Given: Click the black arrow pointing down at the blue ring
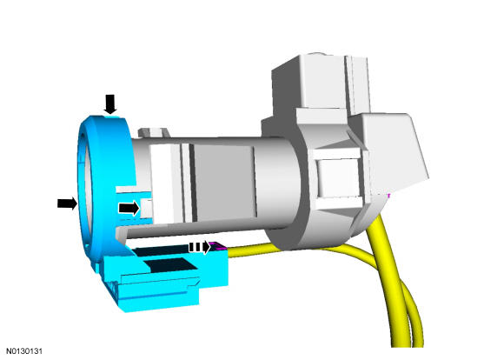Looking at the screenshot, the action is click(110, 104).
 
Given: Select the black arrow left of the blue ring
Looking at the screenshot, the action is click(68, 203).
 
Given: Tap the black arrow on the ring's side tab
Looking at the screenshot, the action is click(129, 208).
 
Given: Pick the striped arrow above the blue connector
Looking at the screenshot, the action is click(199, 248).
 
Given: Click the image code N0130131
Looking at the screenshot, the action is click(24, 350).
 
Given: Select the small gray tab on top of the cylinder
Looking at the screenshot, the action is click(153, 132).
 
